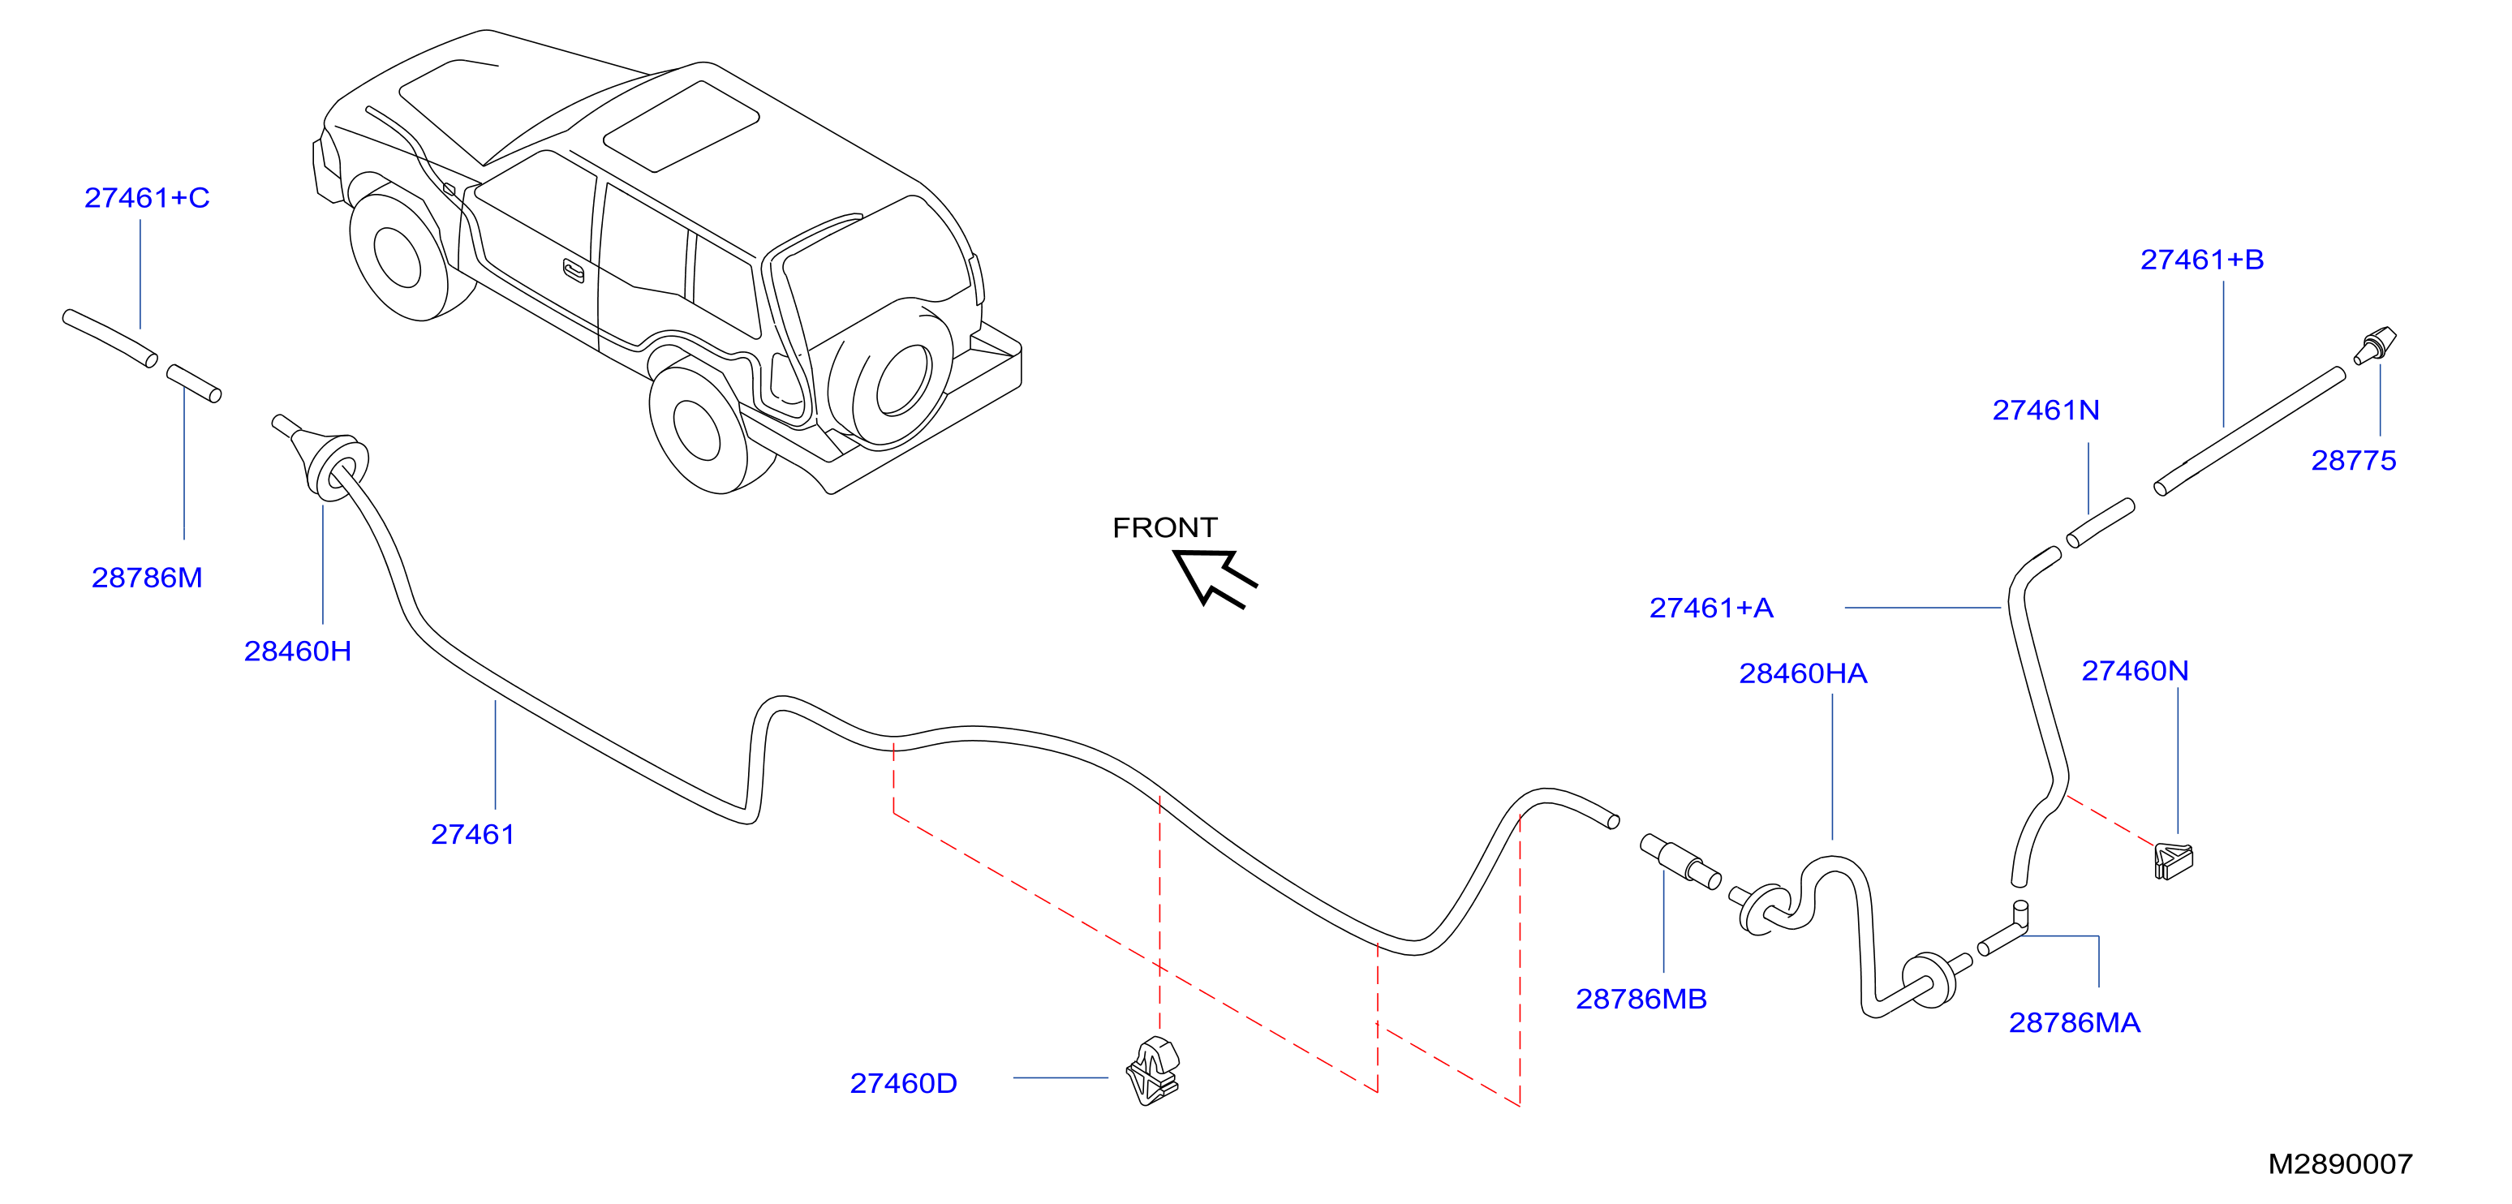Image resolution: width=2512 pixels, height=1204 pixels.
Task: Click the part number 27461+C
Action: point(147,198)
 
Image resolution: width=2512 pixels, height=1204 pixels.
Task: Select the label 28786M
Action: point(147,577)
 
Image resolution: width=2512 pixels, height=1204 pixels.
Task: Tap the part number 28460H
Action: point(298,651)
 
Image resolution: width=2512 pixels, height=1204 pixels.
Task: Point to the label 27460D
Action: point(904,1083)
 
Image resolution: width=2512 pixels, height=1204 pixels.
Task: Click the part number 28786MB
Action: point(1641,1000)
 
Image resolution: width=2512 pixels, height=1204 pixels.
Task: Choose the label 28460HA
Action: point(1803,673)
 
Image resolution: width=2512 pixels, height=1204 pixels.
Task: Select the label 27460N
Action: point(2136,671)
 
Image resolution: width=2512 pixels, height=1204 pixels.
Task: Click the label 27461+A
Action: point(1711,608)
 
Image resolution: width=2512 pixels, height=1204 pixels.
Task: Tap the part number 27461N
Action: point(2046,411)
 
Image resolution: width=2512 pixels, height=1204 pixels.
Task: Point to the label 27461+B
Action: point(2202,260)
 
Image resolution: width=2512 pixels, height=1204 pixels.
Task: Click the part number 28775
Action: point(2353,460)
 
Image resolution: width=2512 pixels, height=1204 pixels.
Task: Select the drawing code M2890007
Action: point(2340,1164)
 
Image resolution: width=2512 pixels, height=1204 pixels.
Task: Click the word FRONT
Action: point(1164,527)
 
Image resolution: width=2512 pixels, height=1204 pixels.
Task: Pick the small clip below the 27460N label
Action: point(2174,860)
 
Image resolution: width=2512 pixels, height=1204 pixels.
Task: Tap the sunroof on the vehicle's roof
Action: point(682,127)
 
